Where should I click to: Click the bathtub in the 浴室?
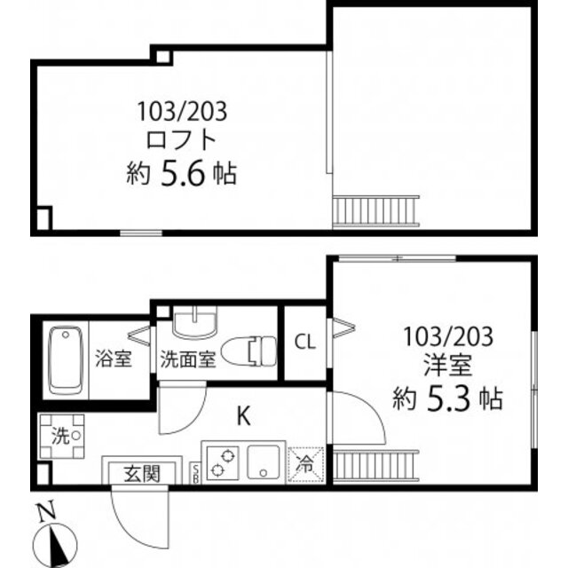[66, 359]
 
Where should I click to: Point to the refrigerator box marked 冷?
[304, 462]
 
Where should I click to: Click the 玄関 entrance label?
[141, 473]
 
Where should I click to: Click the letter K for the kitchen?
[241, 414]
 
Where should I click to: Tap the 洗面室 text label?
[187, 359]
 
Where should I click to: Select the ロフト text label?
[181, 139]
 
